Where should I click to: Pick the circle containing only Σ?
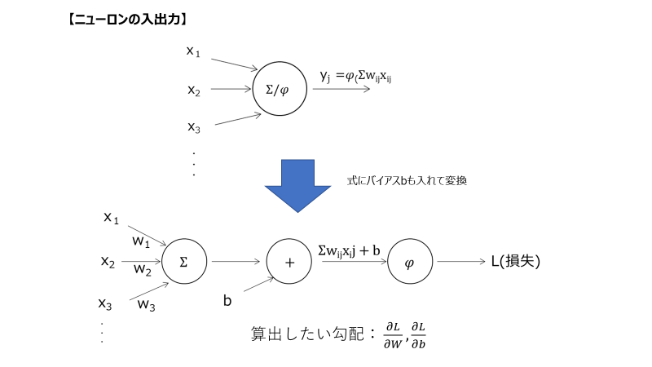pyautogui.click(x=183, y=262)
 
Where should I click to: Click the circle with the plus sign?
pyautogui.click(x=291, y=262)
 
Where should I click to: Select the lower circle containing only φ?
pyautogui.click(x=409, y=262)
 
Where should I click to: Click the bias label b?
pyautogui.click(x=228, y=301)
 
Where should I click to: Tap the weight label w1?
pyautogui.click(x=143, y=241)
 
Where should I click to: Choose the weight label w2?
pyautogui.click(x=142, y=268)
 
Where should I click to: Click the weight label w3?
pyautogui.click(x=147, y=305)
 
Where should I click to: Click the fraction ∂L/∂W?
pyautogui.click(x=394, y=335)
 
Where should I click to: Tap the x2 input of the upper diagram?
pyautogui.click(x=193, y=91)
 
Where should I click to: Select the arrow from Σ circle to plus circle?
pyautogui.click(x=236, y=262)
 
